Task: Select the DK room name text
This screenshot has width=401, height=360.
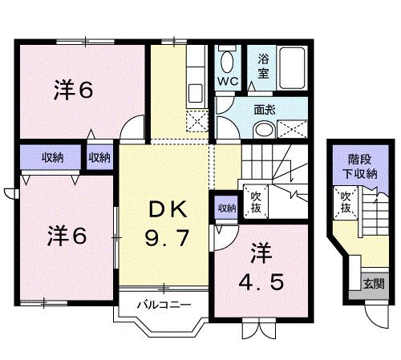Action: click(168, 211)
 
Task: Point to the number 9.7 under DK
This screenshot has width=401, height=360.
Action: click(168, 239)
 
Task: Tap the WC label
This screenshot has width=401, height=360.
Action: click(227, 83)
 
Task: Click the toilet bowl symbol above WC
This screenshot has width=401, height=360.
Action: click(227, 59)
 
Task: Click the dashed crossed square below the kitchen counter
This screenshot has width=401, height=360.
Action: click(195, 122)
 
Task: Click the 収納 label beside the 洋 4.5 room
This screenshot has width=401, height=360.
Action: click(226, 208)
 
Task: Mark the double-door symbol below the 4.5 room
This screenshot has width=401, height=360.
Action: click(257, 328)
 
